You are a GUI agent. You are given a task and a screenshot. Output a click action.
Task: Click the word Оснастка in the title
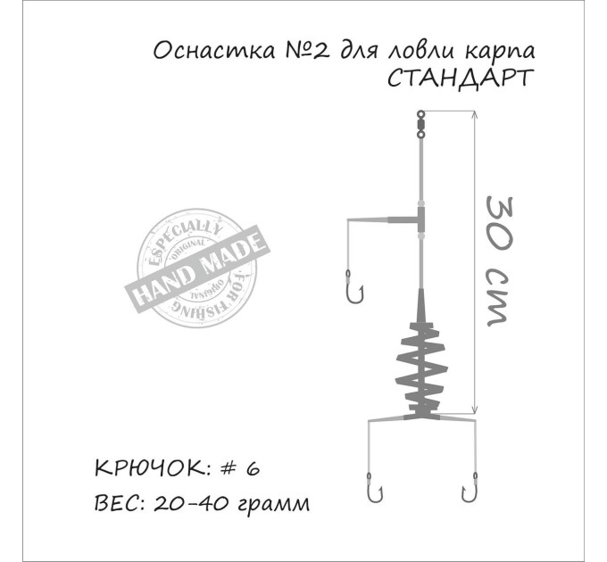pos(213,51)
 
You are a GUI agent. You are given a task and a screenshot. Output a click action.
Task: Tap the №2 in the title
pos(308,51)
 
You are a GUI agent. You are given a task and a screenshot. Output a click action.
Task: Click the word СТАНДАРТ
pos(461,79)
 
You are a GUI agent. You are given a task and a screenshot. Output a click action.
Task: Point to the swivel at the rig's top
pos(420,125)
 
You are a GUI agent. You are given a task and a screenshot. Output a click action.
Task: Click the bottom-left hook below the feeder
pos(374,488)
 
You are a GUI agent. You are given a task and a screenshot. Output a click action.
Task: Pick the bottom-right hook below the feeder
pos(469,488)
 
